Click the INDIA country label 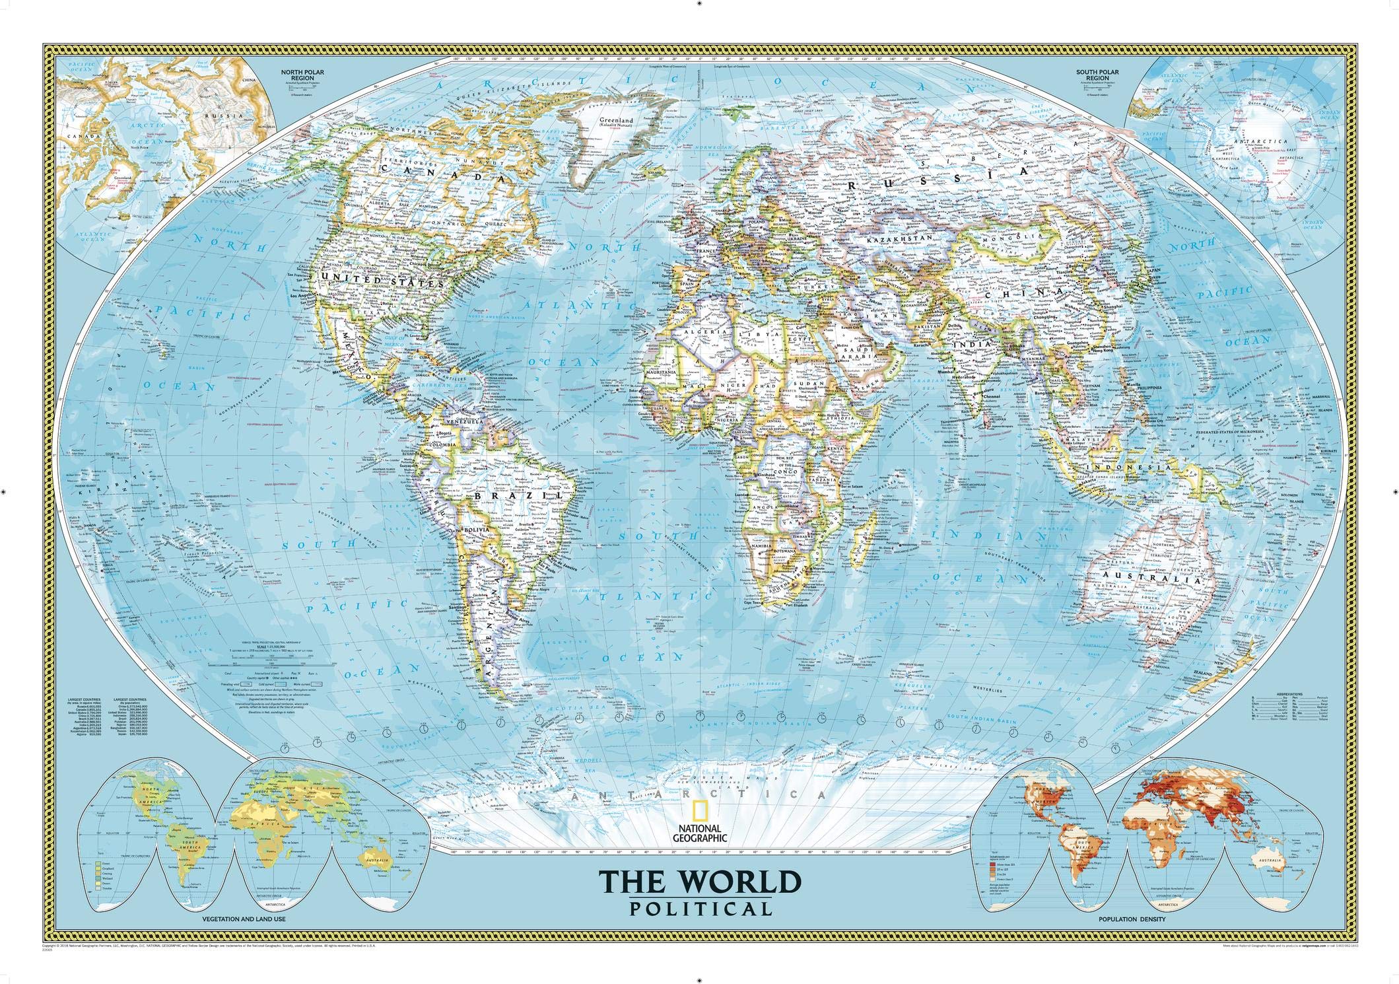coord(973,345)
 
